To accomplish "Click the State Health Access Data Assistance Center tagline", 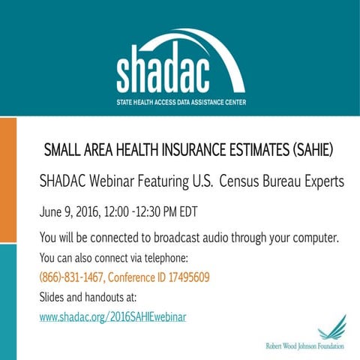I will coord(181,101).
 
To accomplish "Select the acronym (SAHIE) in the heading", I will coord(306,150).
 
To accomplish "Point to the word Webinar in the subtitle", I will coord(124,181).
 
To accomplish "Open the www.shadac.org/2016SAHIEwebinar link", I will coord(112,317).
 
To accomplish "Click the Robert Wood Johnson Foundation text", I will coord(304,346).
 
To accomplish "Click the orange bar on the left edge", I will coord(7,180).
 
